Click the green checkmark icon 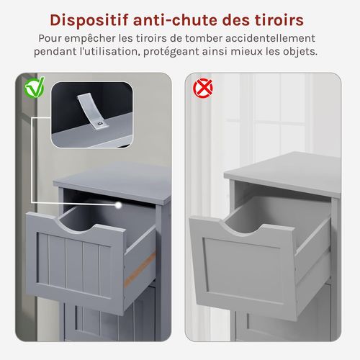pyautogui.click(x=33, y=89)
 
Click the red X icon pyautogui.click(x=204, y=89)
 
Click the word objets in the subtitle pyautogui.click(x=297, y=52)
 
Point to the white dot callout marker pyautogui.click(x=116, y=205)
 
